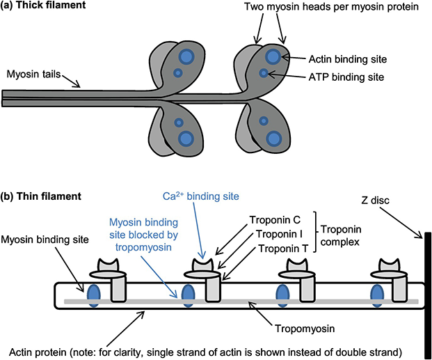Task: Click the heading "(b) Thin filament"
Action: click(x=43, y=197)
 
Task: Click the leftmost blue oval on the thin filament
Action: click(x=92, y=295)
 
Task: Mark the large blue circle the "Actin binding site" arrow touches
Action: click(x=273, y=56)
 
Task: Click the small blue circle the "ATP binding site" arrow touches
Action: click(x=264, y=73)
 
